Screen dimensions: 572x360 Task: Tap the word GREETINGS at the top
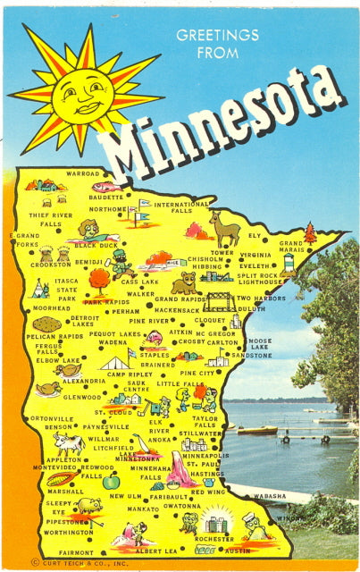[217, 36]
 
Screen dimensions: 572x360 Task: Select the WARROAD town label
[83, 173]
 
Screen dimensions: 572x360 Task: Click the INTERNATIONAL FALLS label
[181, 208]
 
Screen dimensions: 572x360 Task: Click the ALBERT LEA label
[156, 551]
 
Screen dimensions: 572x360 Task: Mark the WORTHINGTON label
[69, 532]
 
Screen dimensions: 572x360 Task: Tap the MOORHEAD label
[52, 307]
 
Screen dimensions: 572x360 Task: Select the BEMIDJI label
[88, 263]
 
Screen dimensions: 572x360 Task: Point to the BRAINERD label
[157, 365]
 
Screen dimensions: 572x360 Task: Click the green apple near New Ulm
[111, 483]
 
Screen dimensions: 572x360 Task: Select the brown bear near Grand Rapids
[184, 283]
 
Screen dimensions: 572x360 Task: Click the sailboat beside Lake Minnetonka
[143, 445]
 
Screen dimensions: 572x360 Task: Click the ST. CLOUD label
[119, 413]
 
